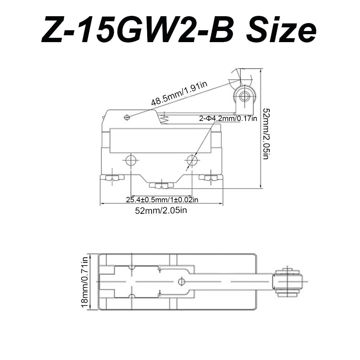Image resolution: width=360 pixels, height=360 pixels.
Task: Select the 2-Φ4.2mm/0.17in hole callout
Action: [x=228, y=118]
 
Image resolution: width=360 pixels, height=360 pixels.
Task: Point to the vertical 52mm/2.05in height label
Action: [x=266, y=134]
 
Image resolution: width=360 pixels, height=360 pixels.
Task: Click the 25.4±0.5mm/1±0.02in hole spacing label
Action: [x=162, y=199]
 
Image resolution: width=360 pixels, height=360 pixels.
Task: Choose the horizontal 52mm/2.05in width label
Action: [x=161, y=210]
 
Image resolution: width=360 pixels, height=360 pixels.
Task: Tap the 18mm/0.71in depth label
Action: [x=85, y=282]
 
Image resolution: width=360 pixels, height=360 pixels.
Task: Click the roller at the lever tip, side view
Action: [x=245, y=96]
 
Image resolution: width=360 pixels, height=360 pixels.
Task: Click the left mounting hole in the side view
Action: [x=131, y=161]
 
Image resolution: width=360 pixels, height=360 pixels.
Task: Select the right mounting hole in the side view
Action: [x=192, y=161]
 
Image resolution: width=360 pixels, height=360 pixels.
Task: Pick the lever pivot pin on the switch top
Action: [x=126, y=117]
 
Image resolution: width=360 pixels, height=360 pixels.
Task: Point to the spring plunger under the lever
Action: [x=164, y=118]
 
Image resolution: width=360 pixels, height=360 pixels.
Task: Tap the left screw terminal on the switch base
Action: [x=112, y=177]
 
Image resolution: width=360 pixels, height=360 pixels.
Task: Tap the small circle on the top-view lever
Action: [x=181, y=281]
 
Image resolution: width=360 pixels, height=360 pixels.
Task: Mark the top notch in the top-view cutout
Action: [x=132, y=268]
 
